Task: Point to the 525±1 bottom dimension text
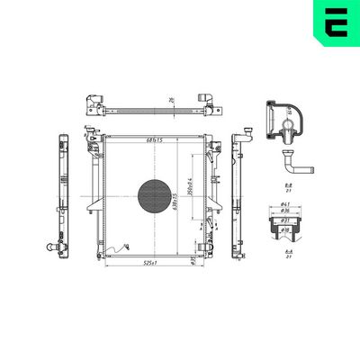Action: tap(148, 264)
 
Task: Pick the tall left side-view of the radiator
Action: tap(61, 193)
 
